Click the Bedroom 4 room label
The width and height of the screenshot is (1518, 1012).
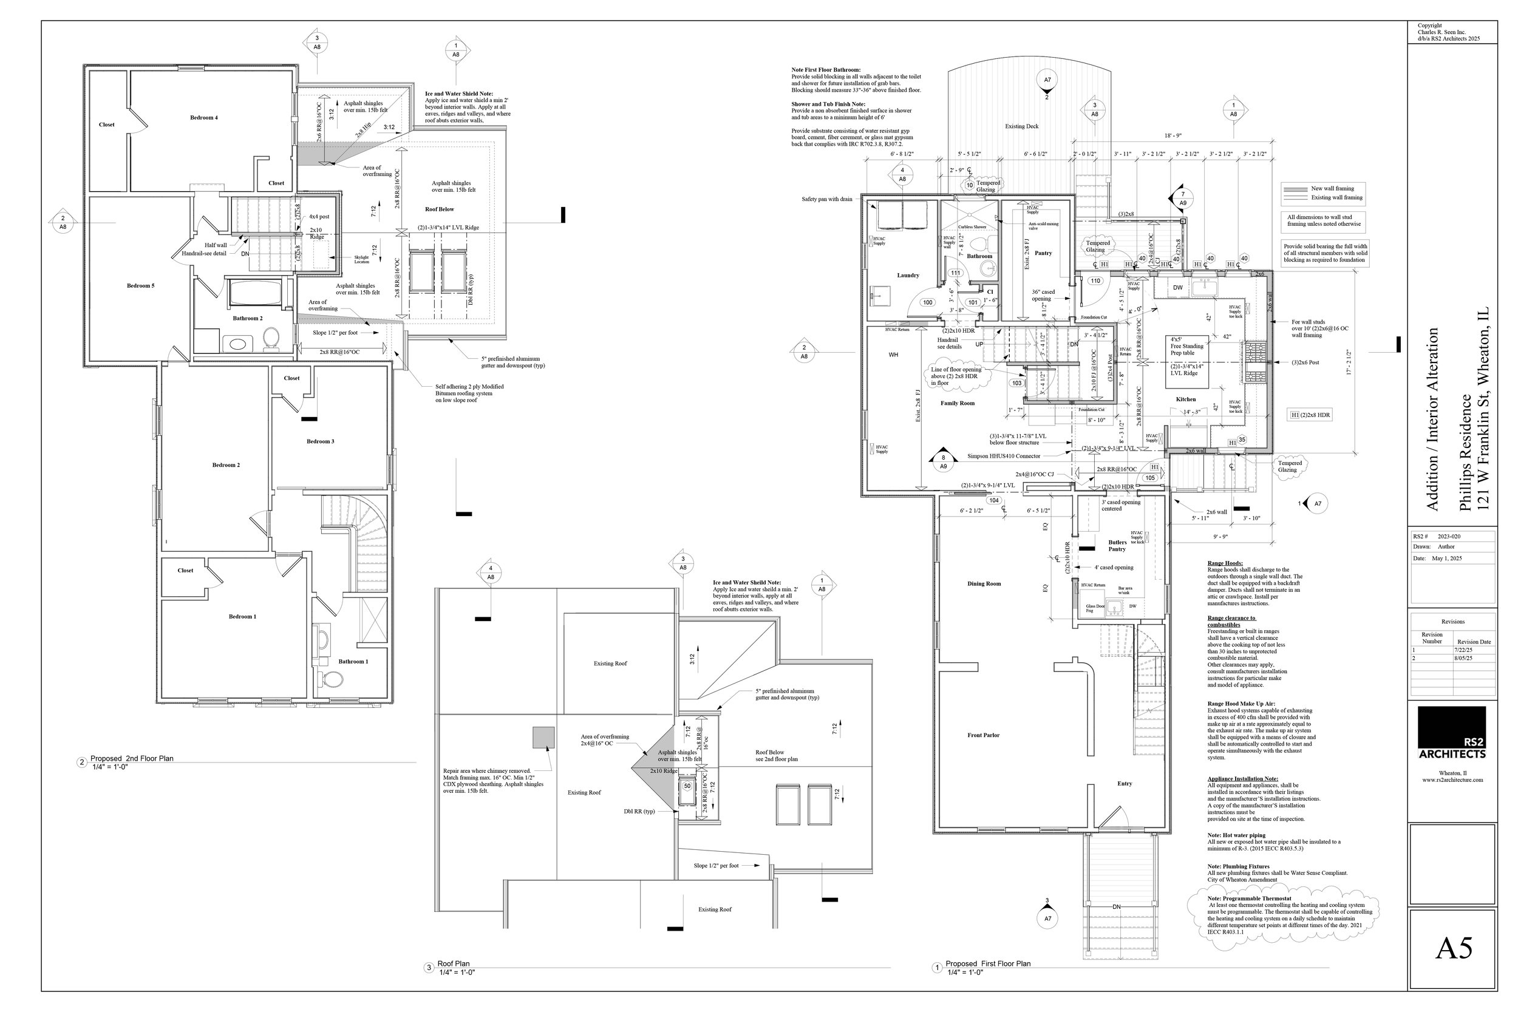click(x=203, y=117)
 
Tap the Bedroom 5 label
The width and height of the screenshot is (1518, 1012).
click(x=140, y=285)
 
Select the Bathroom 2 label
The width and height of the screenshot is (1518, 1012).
click(x=247, y=318)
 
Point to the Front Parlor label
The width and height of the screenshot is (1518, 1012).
click(x=983, y=735)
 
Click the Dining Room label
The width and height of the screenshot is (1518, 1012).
click(x=984, y=583)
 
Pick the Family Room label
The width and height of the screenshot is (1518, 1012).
click(x=957, y=403)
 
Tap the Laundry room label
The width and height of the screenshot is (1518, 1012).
click(x=907, y=276)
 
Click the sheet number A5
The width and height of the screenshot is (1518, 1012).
click(x=1454, y=948)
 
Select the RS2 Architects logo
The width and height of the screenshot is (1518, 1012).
click(x=1452, y=733)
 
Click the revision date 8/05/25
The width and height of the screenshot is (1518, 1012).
click(x=1463, y=658)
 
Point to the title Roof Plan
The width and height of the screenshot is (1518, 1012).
click(x=453, y=963)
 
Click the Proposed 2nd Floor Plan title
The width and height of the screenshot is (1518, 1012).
click(x=132, y=758)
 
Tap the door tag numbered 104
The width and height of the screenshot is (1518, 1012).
click(x=993, y=500)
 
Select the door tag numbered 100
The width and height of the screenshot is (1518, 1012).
click(x=927, y=302)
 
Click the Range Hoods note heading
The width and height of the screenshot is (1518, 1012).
click(x=1224, y=563)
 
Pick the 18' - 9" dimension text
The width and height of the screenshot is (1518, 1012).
click(x=1173, y=136)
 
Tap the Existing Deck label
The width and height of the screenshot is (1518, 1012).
click(x=1022, y=126)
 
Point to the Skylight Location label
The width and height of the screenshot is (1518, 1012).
click(x=361, y=259)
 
